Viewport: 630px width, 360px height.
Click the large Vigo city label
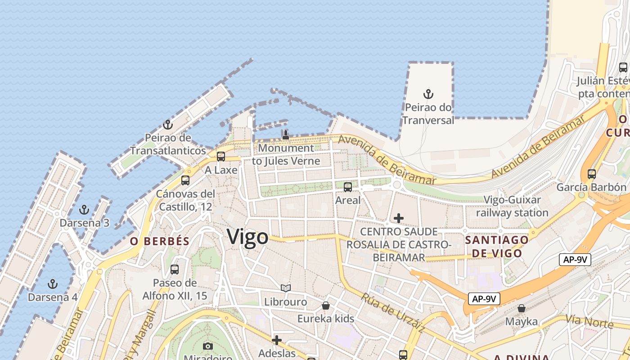[x=247, y=237]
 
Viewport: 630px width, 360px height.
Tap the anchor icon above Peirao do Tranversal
[x=428, y=94]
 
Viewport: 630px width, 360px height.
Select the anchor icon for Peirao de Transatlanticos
[x=168, y=124]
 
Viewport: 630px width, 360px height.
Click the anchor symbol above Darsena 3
[x=84, y=209]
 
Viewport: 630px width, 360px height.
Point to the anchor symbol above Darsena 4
[x=53, y=284]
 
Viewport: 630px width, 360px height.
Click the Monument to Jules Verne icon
[x=285, y=135]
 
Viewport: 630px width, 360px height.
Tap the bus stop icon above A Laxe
[x=220, y=157]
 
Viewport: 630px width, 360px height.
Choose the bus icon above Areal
[x=348, y=187]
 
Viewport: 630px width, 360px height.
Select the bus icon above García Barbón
[x=592, y=174]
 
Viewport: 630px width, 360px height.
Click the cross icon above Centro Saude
[x=398, y=218]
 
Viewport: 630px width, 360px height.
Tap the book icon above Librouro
[x=286, y=288]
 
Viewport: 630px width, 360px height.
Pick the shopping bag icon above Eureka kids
[x=326, y=306]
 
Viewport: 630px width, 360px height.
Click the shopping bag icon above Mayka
[x=521, y=308]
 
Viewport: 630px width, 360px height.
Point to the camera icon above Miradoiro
[x=207, y=346]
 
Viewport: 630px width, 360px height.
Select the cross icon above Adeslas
[x=277, y=340]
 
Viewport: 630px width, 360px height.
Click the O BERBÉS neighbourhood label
[x=160, y=241]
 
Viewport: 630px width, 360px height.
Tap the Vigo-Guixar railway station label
[x=512, y=206]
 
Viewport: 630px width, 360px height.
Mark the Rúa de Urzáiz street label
[x=392, y=313]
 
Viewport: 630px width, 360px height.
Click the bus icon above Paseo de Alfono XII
[x=175, y=270]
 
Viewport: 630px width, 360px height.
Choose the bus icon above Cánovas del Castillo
[x=185, y=180]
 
